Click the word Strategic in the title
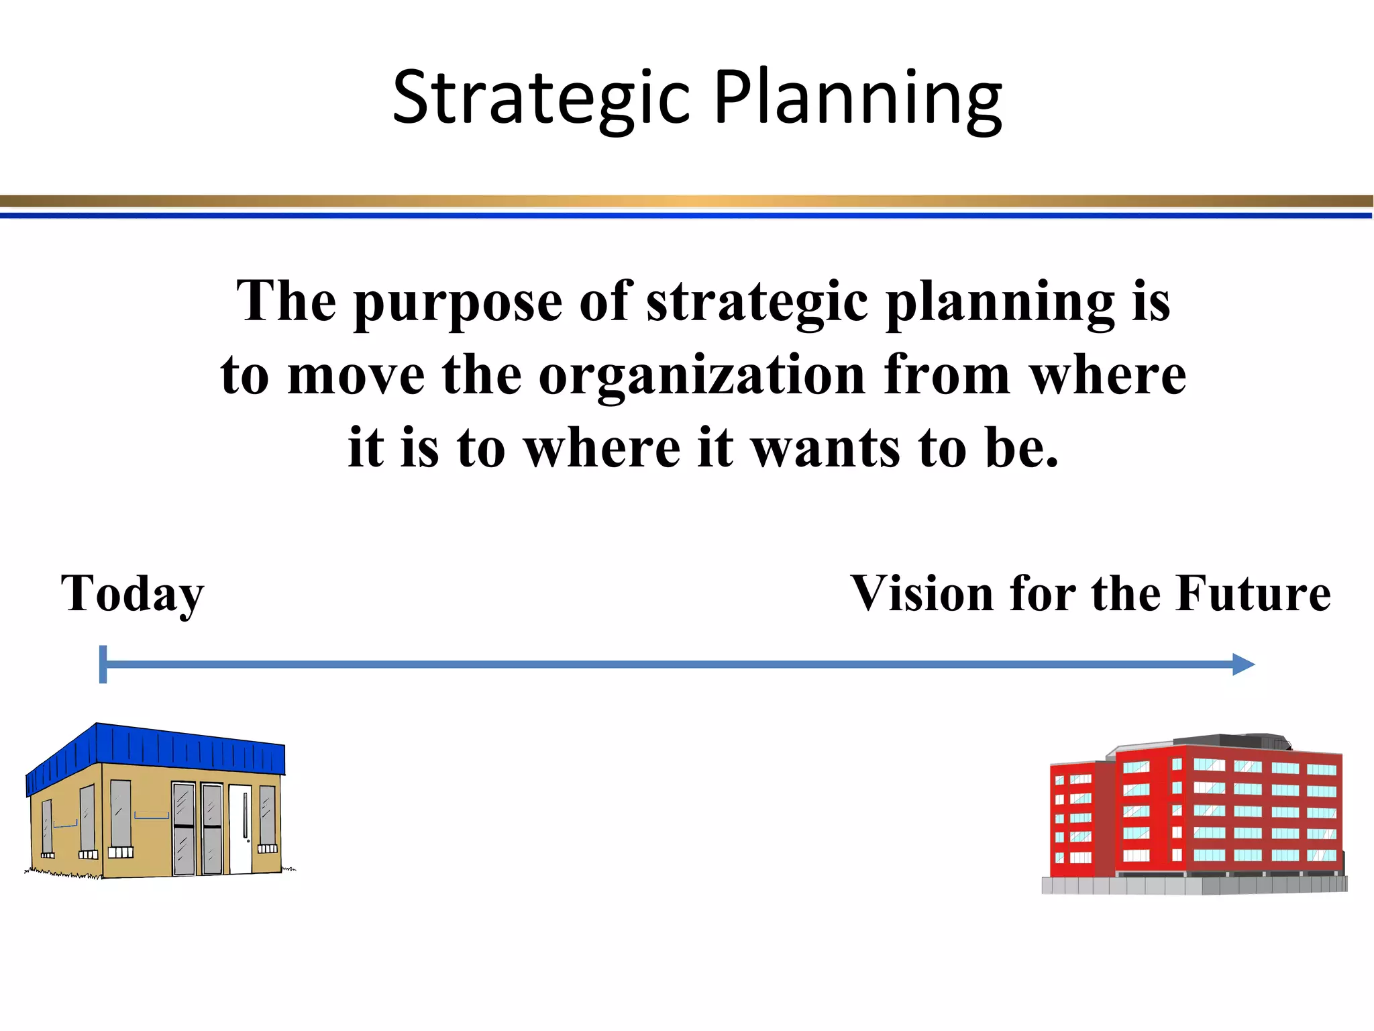(x=541, y=99)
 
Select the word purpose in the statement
(x=458, y=303)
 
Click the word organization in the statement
(x=702, y=376)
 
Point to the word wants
(x=825, y=448)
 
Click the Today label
(x=132, y=595)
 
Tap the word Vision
(x=922, y=593)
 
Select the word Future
(x=1253, y=593)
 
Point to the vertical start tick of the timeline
(x=103, y=665)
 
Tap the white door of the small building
(x=241, y=829)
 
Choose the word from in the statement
(x=946, y=376)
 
